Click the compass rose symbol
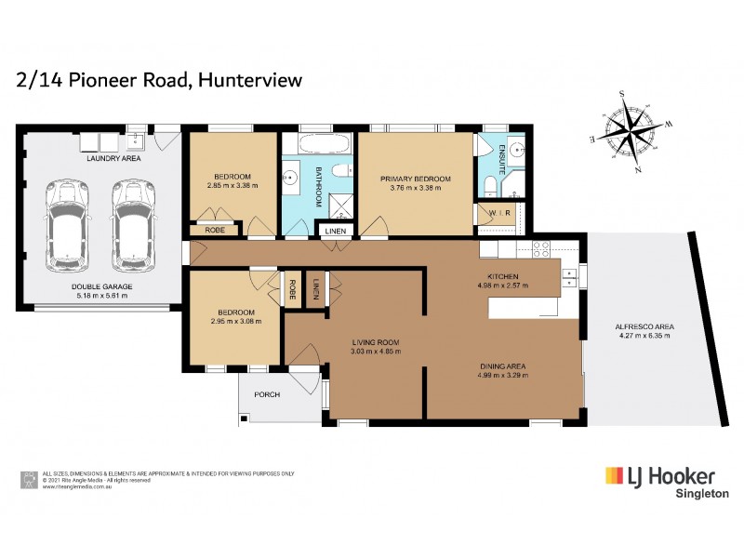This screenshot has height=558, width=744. coord(634,131)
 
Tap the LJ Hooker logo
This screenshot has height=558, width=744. coord(660,475)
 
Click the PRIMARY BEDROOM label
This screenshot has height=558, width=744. coord(416,179)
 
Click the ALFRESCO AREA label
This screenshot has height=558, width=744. coord(644,326)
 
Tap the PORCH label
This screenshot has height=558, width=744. coord(267,394)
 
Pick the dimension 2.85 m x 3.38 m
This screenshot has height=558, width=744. coord(232,185)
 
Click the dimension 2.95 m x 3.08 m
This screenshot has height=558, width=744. coord(234,321)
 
